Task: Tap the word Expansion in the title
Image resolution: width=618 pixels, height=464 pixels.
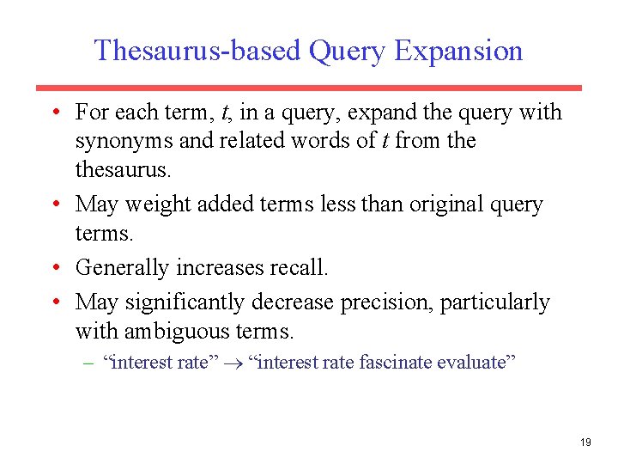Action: [458, 51]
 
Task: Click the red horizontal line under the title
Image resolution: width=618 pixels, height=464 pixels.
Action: [308, 88]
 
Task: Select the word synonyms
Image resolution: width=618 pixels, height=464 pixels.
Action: [124, 141]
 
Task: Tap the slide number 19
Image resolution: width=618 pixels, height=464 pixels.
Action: [585, 443]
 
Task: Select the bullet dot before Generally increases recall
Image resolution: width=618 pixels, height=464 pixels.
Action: [55, 268]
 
